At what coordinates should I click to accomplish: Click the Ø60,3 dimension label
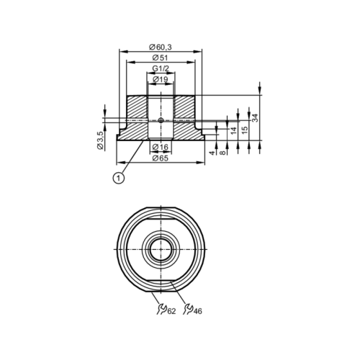point(161,47)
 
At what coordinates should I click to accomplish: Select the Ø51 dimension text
point(161,58)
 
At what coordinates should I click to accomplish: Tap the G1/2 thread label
point(161,68)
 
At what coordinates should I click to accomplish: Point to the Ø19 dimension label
point(161,79)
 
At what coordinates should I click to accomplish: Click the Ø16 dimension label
point(161,147)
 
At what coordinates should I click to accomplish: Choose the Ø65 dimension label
point(161,158)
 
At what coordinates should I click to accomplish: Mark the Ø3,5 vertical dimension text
point(101,140)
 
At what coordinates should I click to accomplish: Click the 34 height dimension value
point(256,117)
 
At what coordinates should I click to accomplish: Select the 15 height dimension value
point(245,130)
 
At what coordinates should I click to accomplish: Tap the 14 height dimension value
point(233,130)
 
